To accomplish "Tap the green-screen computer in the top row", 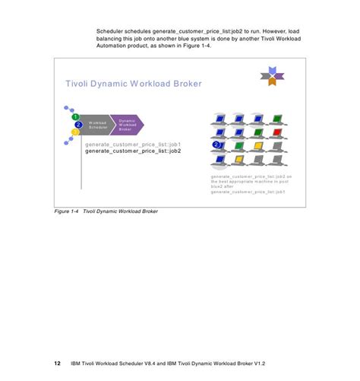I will (x=277, y=118).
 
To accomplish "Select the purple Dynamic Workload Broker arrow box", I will (x=127, y=125).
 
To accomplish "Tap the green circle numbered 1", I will (x=76, y=117).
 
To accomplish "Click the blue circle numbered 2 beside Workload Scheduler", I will (x=78, y=125).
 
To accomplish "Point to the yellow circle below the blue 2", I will (x=75, y=132).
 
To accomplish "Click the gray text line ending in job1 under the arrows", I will (x=133, y=144).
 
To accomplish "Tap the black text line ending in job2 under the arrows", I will (x=133, y=151).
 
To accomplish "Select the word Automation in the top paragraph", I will (x=113, y=46).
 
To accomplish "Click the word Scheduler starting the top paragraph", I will (x=111, y=30).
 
